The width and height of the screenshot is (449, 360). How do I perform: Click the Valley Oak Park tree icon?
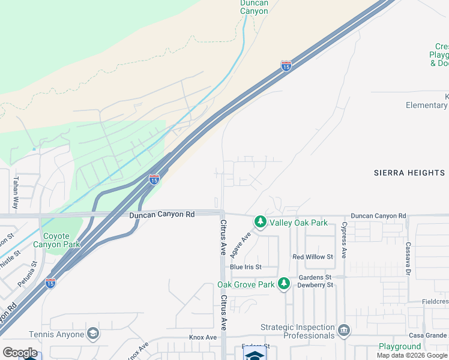coord(261,223)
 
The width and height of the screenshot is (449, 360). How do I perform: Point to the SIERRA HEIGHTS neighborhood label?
coord(409,173)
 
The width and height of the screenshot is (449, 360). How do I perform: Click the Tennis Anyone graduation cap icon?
coord(92,334)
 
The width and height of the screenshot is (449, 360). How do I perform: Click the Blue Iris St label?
coord(246,266)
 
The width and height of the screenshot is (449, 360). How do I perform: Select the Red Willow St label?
coord(312,257)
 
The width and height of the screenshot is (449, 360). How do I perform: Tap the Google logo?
coord(20,353)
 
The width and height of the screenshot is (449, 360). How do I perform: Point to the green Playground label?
coord(399,347)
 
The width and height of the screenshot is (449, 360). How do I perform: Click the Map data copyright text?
coord(412,356)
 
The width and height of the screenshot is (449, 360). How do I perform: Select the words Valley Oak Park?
coord(299,223)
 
